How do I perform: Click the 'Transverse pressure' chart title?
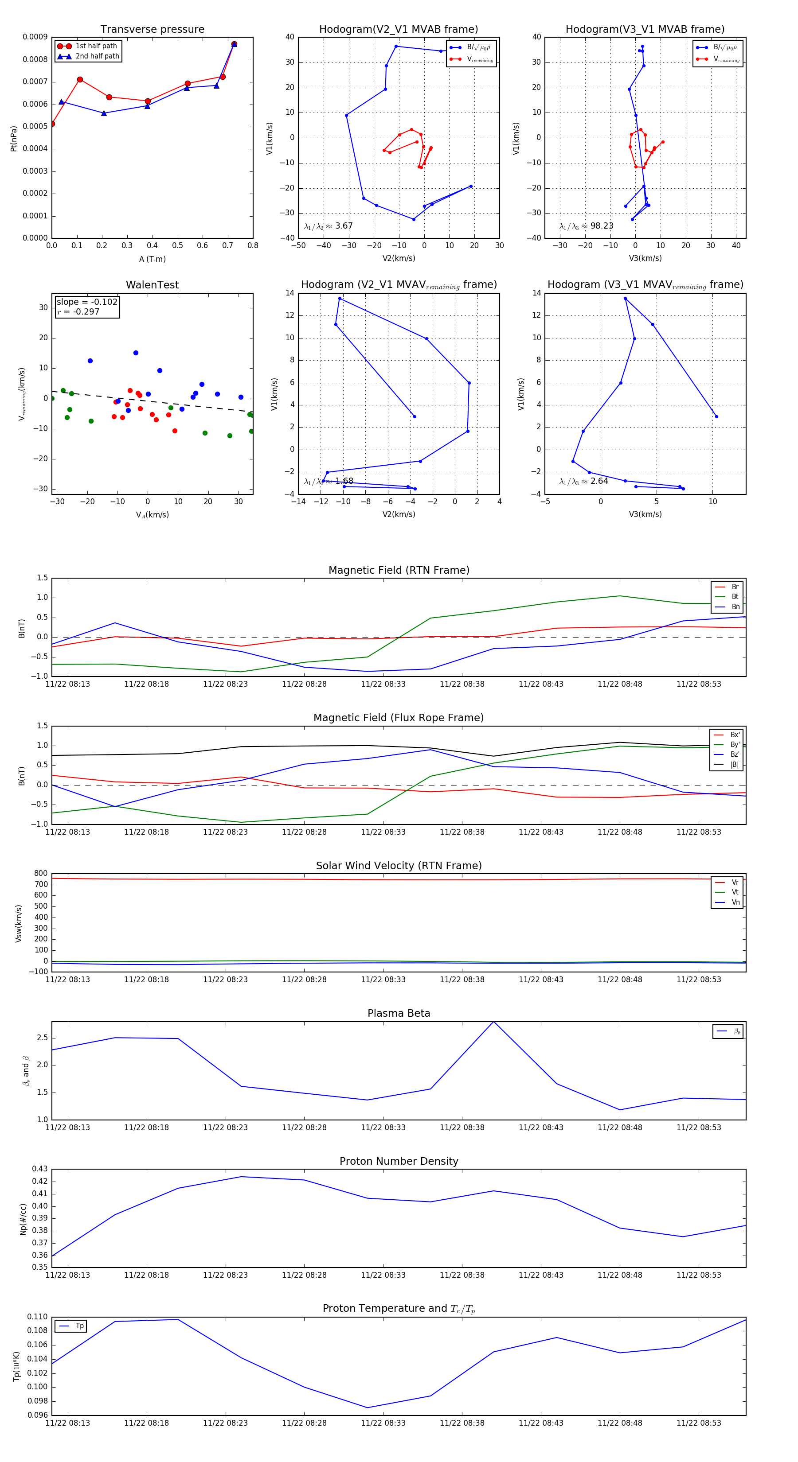tap(152, 30)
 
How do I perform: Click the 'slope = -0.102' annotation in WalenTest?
tap(87, 302)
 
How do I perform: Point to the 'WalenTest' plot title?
tap(152, 285)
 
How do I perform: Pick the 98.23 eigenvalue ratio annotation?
tap(586, 226)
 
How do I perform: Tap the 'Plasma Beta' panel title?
tap(399, 1014)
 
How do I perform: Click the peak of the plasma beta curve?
tap(493, 1022)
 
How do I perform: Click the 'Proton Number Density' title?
tap(399, 1161)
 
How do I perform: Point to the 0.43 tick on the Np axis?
tap(40, 1169)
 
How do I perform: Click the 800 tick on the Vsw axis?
tap(41, 874)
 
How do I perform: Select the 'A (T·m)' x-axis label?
tap(152, 259)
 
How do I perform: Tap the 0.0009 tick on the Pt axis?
tap(35, 37)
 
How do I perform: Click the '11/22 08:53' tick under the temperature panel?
tap(699, 1423)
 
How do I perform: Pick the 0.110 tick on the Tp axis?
tap(38, 1317)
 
